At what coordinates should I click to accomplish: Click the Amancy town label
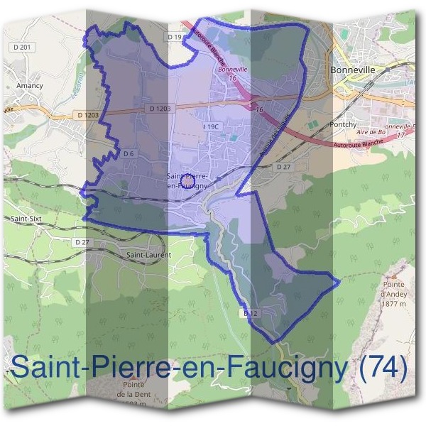point(29,85)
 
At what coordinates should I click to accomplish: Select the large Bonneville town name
point(352,70)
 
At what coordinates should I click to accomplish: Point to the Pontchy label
point(343,124)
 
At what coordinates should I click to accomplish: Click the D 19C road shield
point(210,126)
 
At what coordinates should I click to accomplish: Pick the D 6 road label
point(129,153)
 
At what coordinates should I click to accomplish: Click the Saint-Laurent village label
point(143,253)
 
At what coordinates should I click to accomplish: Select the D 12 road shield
point(248,312)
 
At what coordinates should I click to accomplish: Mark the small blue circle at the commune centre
point(186,182)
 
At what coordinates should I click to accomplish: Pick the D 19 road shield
point(175,36)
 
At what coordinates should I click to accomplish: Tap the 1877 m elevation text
point(392,297)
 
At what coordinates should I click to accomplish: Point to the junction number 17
point(400,134)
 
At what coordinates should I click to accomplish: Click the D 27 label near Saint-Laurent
point(82,242)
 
